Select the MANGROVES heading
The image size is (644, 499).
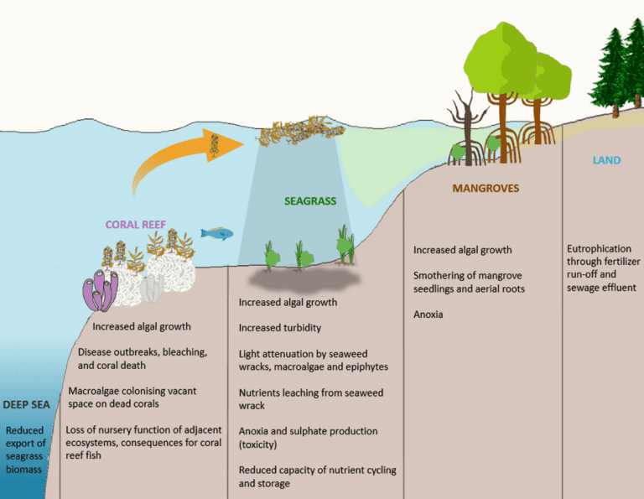[486, 189]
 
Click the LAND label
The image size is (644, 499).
[606, 160]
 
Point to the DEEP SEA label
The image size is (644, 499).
[26, 404]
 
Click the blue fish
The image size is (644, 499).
[217, 233]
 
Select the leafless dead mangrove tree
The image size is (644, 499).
[464, 126]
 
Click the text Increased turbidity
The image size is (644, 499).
[279, 328]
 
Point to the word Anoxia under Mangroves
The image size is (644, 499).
[429, 315]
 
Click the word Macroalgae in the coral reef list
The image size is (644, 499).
[96, 390]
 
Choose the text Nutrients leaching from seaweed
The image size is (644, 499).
[310, 392]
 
